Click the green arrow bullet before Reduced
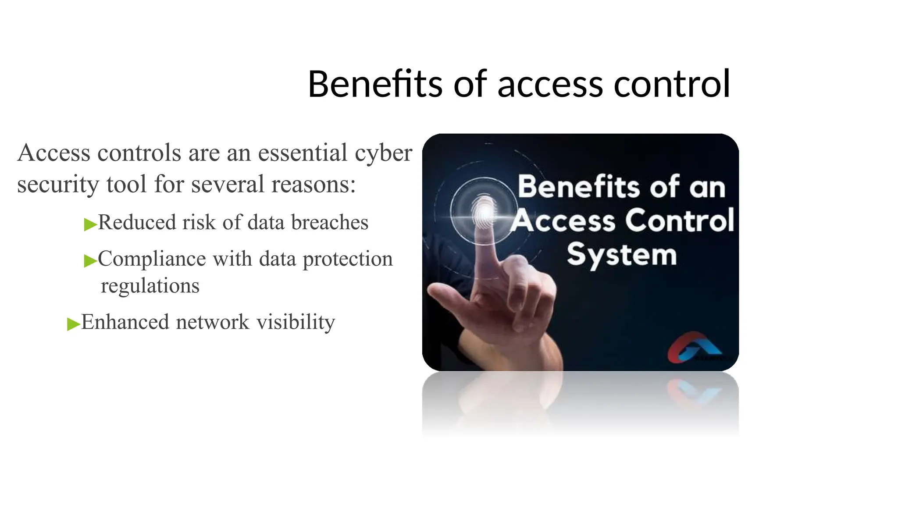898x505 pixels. point(90,224)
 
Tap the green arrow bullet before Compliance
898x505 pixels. point(90,261)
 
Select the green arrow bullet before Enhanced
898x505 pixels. point(73,324)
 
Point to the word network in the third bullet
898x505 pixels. point(213,322)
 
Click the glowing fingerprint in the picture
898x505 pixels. point(485,213)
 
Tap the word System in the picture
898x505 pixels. point(622,255)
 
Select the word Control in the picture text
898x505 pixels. point(679,220)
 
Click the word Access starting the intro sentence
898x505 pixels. point(54,153)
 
